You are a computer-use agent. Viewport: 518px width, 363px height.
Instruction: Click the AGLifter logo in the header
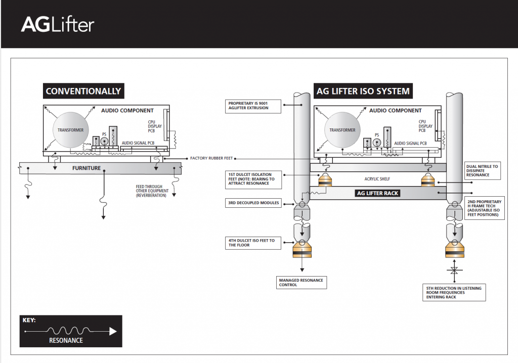pyautogui.click(x=58, y=25)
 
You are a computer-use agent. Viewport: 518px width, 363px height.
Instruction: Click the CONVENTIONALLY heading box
pyautogui.click(x=83, y=91)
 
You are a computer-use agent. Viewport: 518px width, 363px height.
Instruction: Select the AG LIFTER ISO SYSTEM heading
pyautogui.click(x=363, y=91)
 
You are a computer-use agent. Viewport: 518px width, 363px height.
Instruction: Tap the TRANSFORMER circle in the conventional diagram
pyautogui.click(x=70, y=130)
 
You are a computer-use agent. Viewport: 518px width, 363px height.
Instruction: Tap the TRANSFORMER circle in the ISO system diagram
pyautogui.click(x=342, y=130)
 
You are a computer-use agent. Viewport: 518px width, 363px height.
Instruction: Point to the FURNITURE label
pyautogui.click(x=87, y=168)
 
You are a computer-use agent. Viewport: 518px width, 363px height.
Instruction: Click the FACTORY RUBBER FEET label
pyautogui.click(x=211, y=158)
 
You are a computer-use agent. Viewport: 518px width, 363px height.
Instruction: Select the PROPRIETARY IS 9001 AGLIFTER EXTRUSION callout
pyautogui.click(x=253, y=106)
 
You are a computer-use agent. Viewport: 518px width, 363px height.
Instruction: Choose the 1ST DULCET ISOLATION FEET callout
pyautogui.click(x=253, y=179)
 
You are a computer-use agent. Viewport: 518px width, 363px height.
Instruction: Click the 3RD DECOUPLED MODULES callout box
pyautogui.click(x=253, y=203)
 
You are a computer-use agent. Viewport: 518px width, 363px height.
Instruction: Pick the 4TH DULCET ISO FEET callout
pyautogui.click(x=253, y=243)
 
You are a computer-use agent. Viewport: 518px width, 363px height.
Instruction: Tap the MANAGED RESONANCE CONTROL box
pyautogui.click(x=301, y=283)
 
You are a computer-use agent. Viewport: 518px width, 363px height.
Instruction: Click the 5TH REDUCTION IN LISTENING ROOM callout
pyautogui.click(x=454, y=293)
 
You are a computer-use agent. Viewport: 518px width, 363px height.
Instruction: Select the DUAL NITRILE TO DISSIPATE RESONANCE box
pyautogui.click(x=482, y=171)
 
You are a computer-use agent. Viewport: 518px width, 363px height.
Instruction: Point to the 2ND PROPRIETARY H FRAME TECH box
pyautogui.click(x=484, y=208)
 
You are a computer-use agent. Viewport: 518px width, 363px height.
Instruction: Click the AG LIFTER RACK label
pyautogui.click(x=377, y=193)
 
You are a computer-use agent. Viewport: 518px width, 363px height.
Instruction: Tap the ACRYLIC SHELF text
pyautogui.click(x=377, y=179)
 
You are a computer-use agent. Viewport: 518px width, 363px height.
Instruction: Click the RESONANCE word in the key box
pyautogui.click(x=66, y=340)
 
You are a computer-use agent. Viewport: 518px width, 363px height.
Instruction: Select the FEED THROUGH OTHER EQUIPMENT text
pyautogui.click(x=152, y=191)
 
